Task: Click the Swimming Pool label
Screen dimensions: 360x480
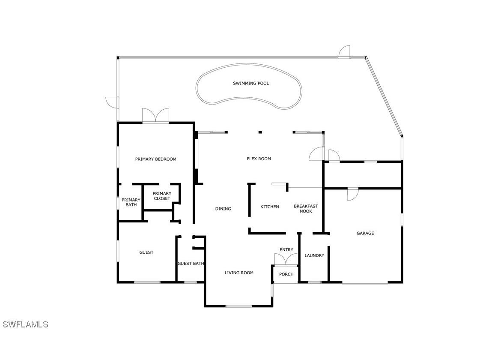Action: pos(251,83)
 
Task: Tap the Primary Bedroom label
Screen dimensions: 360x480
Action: pos(155,159)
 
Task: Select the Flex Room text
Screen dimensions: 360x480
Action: pos(259,159)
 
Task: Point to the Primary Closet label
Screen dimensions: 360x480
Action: pos(162,196)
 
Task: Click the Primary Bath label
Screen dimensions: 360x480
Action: pos(131,202)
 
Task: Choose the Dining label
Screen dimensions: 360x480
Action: pos(223,209)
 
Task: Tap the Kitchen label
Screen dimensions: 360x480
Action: pos(270,207)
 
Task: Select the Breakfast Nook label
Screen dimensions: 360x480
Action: pos(306,209)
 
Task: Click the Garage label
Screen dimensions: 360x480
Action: pos(365,233)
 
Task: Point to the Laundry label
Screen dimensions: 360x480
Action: pos(314,255)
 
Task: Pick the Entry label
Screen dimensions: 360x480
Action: pos(286,250)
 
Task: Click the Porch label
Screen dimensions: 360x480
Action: pos(286,274)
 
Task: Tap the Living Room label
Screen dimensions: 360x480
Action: pos(239,273)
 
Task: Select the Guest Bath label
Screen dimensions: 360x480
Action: pos(191,264)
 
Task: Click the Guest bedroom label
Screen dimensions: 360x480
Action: pos(146,252)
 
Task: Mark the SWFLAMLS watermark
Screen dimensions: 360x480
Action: pos(26,324)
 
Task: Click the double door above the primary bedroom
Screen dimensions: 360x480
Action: pos(156,117)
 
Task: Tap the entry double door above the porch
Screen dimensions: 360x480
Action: pos(286,259)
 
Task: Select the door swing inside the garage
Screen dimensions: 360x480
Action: pos(352,194)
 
